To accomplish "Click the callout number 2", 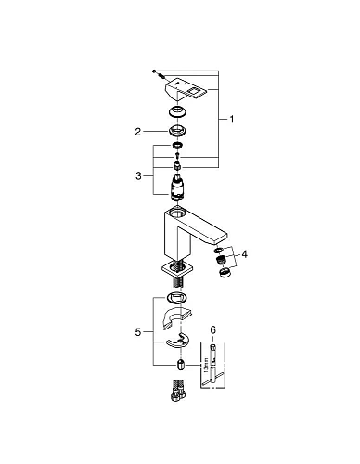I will click(137, 132).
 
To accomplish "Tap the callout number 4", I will click(243, 253).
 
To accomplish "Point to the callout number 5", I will click(138, 330).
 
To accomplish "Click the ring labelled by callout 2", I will click(177, 131).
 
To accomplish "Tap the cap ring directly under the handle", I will click(177, 110).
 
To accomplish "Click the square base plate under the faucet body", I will click(177, 268).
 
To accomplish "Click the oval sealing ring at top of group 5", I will click(177, 300).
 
